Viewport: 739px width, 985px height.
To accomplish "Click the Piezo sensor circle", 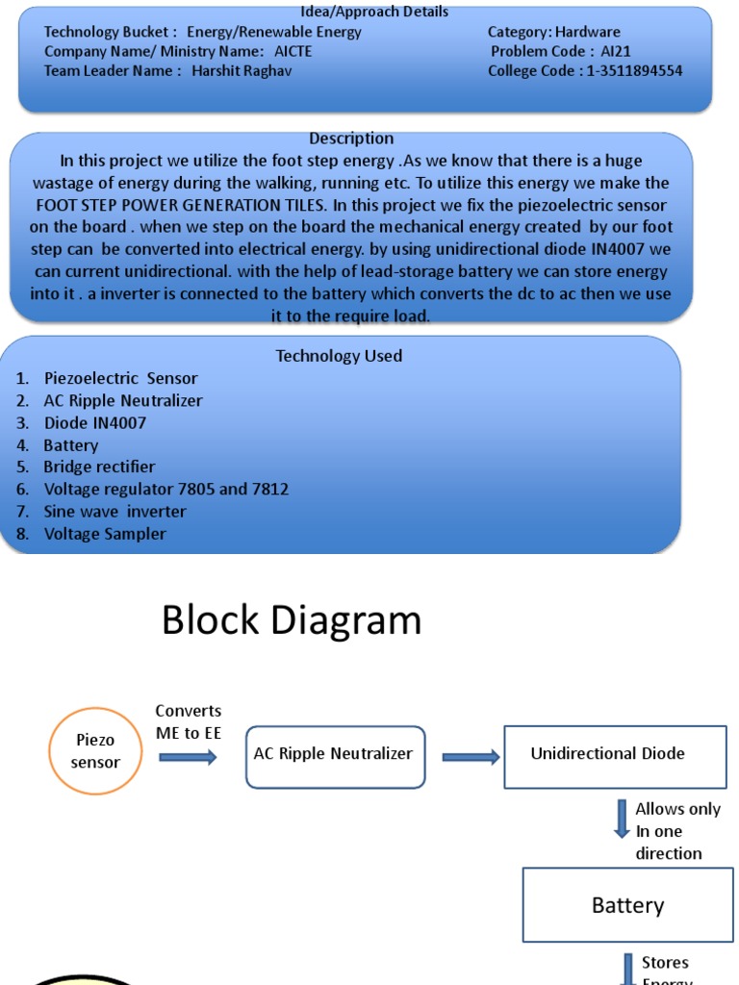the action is coord(95,751).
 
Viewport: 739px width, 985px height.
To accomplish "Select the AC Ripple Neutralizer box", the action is coord(335,756).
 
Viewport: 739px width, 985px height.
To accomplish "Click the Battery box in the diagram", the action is coord(627,905).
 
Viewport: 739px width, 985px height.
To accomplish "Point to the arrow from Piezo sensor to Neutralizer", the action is coord(188,757).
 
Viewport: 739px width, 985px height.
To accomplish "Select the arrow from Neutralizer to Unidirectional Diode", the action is coord(471,757).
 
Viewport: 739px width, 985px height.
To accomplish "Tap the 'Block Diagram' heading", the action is coord(291,620).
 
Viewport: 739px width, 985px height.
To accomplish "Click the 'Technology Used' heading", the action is coord(339,356).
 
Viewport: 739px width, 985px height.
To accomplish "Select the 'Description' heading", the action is coord(351,139).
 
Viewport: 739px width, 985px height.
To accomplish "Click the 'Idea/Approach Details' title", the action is coord(374,12).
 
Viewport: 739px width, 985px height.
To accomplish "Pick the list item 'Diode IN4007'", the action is coord(94,422).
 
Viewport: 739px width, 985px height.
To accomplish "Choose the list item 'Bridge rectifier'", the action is coord(99,467).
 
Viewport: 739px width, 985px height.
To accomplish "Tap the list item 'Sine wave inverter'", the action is coord(115,511).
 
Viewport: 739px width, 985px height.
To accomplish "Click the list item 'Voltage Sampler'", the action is coord(105,534).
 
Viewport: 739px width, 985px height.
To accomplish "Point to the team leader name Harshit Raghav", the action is coord(242,70).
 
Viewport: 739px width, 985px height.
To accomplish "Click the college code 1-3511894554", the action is coord(635,70).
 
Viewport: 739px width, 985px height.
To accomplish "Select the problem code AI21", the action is coord(616,51).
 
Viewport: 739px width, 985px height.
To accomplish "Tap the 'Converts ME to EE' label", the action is coord(189,720).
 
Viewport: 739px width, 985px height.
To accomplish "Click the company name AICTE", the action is coord(293,51).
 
